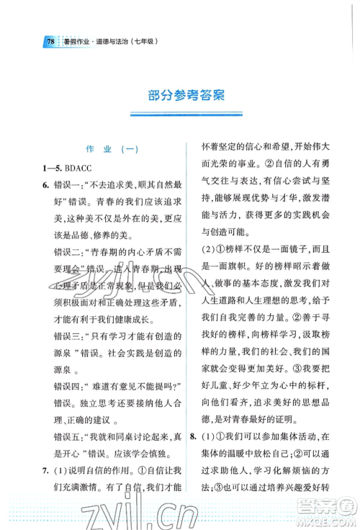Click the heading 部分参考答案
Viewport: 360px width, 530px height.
(x=180, y=96)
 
